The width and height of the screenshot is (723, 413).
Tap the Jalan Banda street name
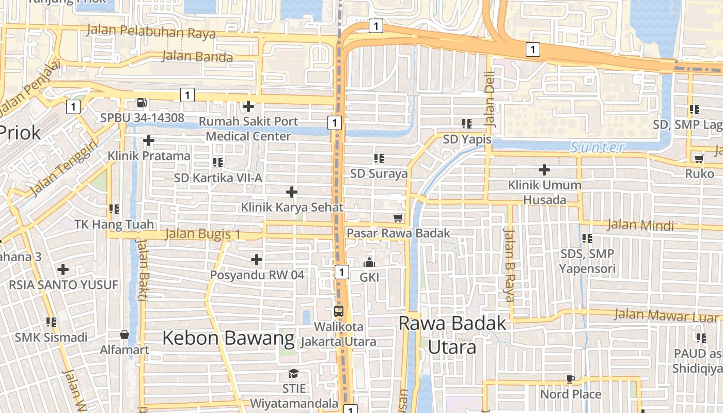[197, 56]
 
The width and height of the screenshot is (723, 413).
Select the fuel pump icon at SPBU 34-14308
[142, 103]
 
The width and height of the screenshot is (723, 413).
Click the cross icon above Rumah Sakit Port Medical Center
[248, 106]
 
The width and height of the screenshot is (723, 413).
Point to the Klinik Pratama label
[149, 156]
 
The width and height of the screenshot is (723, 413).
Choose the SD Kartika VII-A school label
[218, 178]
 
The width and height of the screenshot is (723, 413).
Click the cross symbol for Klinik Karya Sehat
[292, 192]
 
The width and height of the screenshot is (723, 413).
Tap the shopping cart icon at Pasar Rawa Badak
[398, 218]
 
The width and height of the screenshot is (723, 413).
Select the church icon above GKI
[369, 263]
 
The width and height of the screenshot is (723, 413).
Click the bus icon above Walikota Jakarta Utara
[338, 311]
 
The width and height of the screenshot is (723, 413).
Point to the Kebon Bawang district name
[228, 339]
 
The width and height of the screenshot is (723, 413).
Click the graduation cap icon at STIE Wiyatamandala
[293, 373]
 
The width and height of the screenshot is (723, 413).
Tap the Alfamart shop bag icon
[124, 335]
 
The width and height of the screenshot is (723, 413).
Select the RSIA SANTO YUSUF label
[64, 285]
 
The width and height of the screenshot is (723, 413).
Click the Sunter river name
[598, 148]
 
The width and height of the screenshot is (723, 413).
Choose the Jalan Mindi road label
[640, 225]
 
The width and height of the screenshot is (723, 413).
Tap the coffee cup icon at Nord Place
[570, 379]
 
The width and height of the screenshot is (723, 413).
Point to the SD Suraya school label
[379, 174]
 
